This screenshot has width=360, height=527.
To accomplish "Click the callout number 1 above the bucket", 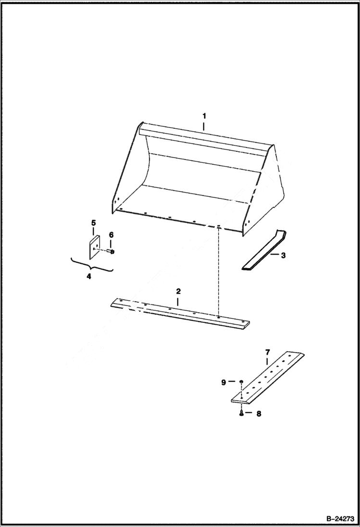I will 204,116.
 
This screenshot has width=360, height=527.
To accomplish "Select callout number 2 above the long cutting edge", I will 178,292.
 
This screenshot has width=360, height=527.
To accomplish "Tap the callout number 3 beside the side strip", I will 283,255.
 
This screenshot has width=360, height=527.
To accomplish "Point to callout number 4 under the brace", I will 89,276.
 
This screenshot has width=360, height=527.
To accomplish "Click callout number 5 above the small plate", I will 94,223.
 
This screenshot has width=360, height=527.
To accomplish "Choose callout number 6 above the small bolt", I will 111,234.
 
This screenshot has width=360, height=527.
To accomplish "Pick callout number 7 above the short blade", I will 267,352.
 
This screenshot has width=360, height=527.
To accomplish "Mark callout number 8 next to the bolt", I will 258,413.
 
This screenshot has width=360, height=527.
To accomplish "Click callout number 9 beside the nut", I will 223,382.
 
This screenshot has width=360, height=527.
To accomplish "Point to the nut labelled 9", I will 241,382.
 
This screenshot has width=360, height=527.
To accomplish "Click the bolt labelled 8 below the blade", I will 241,413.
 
